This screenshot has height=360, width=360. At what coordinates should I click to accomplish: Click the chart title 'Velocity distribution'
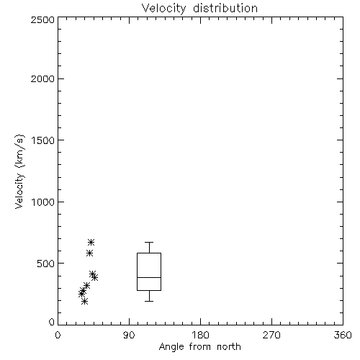[x=199, y=8]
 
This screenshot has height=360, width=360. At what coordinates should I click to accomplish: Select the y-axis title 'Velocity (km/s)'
[x=19, y=171]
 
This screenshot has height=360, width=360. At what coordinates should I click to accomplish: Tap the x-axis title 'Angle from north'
[x=199, y=347]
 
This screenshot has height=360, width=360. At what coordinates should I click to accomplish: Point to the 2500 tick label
[x=42, y=19]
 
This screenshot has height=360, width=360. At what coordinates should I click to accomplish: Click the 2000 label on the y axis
[x=42, y=78]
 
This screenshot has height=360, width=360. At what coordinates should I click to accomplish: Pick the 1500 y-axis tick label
[x=43, y=140]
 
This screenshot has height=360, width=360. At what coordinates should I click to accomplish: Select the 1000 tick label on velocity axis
[x=43, y=202]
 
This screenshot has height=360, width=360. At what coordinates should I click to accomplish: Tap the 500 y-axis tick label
[x=46, y=264]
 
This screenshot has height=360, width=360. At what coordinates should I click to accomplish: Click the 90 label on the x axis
[x=129, y=335]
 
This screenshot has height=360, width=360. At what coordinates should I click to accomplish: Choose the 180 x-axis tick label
[x=200, y=335]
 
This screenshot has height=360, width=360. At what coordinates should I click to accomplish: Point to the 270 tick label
[x=271, y=335]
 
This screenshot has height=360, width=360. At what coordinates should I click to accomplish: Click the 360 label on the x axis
[x=343, y=335]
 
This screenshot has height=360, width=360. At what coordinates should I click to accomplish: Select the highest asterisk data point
[x=91, y=242]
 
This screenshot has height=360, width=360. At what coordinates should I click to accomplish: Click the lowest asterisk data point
[x=84, y=301]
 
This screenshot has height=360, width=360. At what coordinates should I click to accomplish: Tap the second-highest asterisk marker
[x=89, y=253]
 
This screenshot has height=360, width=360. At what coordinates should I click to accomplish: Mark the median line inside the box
[x=149, y=277]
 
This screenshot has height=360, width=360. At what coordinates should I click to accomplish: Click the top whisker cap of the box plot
[x=149, y=242]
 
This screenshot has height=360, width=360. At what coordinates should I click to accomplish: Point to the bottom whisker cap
[x=149, y=301]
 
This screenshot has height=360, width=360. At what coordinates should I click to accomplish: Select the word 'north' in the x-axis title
[x=229, y=347]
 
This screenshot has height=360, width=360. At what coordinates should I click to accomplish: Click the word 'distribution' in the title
[x=225, y=8]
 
